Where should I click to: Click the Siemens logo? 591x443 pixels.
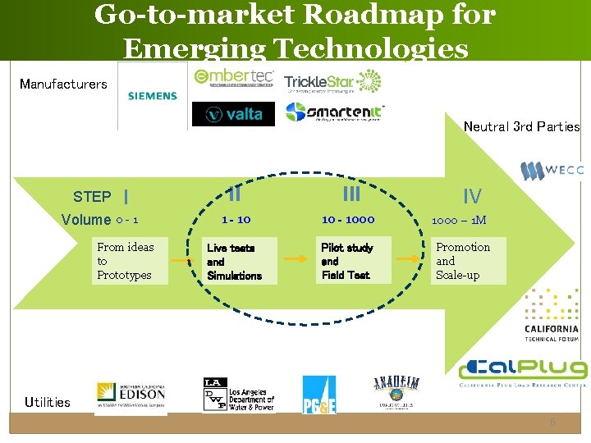(152, 96)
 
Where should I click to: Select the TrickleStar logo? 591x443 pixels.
(332, 82)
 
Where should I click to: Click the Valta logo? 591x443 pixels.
(233, 114)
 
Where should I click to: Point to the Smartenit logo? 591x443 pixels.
(335, 112)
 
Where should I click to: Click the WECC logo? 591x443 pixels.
(552, 171)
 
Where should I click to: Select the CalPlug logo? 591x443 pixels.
(523, 372)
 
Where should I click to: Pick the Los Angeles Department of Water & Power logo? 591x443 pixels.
(238, 395)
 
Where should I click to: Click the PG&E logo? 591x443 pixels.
(318, 395)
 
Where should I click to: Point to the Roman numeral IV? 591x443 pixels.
(472, 196)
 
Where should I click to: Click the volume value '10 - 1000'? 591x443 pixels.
(348, 220)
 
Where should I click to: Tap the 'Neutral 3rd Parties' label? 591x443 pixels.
(521, 126)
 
